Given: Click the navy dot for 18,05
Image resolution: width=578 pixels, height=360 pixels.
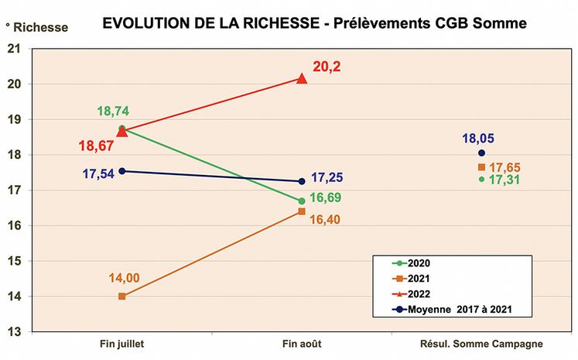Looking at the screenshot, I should click(x=481, y=153).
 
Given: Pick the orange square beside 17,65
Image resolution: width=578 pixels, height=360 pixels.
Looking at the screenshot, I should click(x=481, y=167).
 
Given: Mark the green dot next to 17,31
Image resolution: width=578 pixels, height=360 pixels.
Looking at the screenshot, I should click(x=481, y=180).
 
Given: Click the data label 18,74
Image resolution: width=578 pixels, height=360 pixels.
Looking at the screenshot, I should click(x=113, y=111).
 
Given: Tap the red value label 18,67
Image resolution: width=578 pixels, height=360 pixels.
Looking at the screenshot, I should click(x=95, y=145).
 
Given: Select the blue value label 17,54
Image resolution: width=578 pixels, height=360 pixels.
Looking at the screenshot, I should click(x=98, y=174).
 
